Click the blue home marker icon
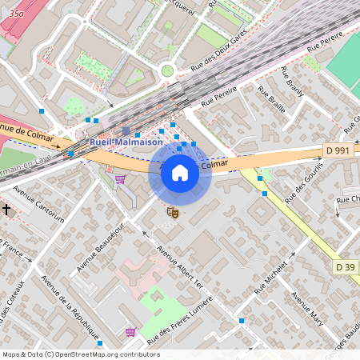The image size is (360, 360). tap(180, 173)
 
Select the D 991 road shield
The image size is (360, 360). tap(338, 150)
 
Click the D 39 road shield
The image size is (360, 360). tap(346, 266)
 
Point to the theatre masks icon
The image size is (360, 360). tap(171, 211)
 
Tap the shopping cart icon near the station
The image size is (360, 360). tap(120, 180)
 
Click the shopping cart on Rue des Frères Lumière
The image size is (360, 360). tap(130, 331)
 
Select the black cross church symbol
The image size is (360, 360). tap(7, 209)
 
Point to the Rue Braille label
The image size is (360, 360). tap(271, 105)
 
